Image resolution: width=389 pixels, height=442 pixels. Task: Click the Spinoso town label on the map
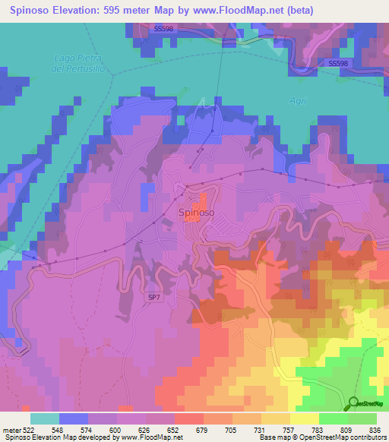pos(196,213)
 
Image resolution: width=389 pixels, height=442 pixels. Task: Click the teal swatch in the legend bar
pos(44,418)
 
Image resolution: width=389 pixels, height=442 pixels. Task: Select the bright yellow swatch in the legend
pos(304,418)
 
